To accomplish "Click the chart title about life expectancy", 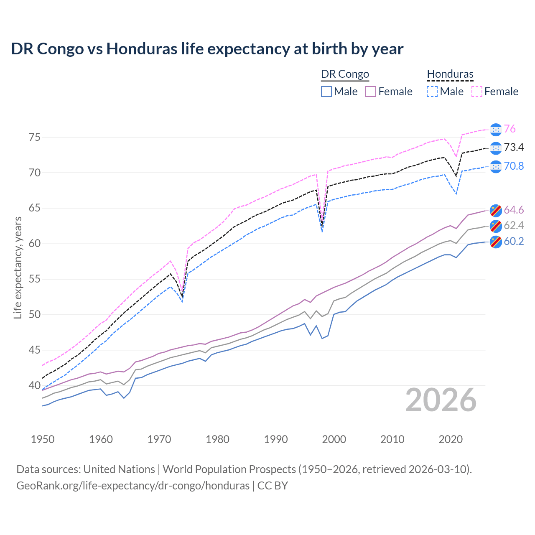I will point(207,49).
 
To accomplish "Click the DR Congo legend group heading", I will point(345,74).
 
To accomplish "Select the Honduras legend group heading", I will point(450,74).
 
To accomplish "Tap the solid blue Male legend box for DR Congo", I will point(326,92).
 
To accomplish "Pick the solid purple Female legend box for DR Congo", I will point(371,92).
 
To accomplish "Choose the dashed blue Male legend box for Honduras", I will point(432,92).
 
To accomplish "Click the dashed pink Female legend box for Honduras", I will point(477,92).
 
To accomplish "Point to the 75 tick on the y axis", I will point(35,137).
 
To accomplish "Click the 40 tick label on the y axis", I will point(35,385).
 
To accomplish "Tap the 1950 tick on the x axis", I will point(43,439).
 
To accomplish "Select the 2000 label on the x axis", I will point(334,439).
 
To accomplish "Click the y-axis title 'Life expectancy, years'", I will point(18,267).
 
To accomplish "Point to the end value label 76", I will point(510,129).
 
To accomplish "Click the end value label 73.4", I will point(514,148).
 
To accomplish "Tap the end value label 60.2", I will point(514,242).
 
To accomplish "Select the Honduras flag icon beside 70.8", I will point(496,166).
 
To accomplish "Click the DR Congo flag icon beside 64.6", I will point(496,210).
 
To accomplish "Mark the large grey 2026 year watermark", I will point(441,400).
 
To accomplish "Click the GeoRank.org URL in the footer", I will point(133,486).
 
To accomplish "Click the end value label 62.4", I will point(514,226).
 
